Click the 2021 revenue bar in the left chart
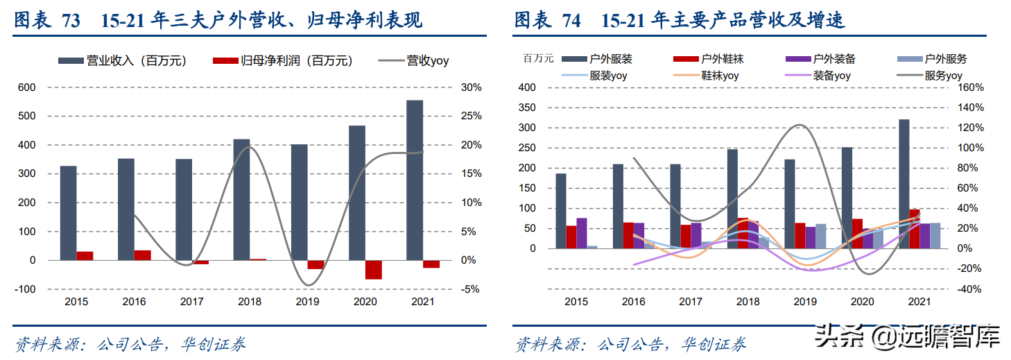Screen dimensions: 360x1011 click(415, 180)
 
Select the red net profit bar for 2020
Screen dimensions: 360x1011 click(374, 270)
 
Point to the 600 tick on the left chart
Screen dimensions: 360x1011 click(27, 87)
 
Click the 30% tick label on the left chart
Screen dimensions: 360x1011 click(471, 87)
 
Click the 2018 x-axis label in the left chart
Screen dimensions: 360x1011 click(250, 302)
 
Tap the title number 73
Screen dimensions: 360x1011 click(71, 22)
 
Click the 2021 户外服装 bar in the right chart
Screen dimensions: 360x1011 click(904, 184)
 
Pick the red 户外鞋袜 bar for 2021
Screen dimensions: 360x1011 click(915, 228)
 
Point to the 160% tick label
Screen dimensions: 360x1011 click(971, 87)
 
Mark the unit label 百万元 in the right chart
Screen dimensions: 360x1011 click(538, 58)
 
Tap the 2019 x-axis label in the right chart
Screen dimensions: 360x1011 click(805, 302)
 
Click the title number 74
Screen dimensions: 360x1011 click(571, 22)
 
